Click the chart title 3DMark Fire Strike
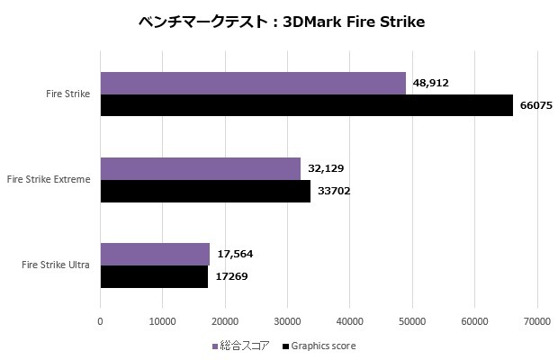pyautogui.click(x=279, y=22)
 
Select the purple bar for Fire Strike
pyautogui.click(x=253, y=84)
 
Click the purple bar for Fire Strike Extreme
pyautogui.click(x=200, y=169)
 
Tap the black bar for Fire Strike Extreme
pyautogui.click(x=205, y=191)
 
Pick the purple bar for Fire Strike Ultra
pyautogui.click(x=155, y=255)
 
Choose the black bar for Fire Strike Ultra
pyautogui.click(x=154, y=276)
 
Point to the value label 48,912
pyautogui.click(x=430, y=83)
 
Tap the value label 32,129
pyautogui.click(x=326, y=168)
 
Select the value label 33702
pyautogui.click(x=332, y=191)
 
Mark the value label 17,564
pyautogui.click(x=236, y=254)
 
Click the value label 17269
pyautogui.click(x=230, y=276)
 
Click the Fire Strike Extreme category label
pyautogui.click(x=49, y=180)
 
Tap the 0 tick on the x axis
pyautogui.click(x=101, y=319)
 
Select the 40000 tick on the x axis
pyautogui.click(x=350, y=319)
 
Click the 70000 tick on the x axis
pyautogui.click(x=537, y=319)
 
